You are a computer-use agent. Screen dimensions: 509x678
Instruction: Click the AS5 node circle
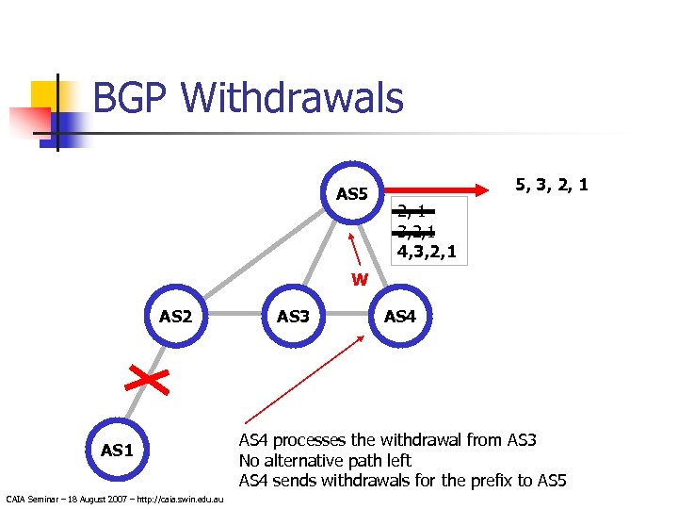351,194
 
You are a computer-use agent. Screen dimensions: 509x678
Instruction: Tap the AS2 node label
175,316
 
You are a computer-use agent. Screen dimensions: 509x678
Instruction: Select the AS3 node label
293,316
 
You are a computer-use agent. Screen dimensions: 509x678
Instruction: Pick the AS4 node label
400,316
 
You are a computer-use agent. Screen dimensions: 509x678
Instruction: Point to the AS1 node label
116,450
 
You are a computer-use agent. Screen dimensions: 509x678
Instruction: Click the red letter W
360,279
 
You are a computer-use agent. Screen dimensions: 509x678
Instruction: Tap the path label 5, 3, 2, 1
551,184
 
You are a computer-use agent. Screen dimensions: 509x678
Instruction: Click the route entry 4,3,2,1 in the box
428,252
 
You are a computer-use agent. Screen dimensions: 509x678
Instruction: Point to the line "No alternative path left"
325,461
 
